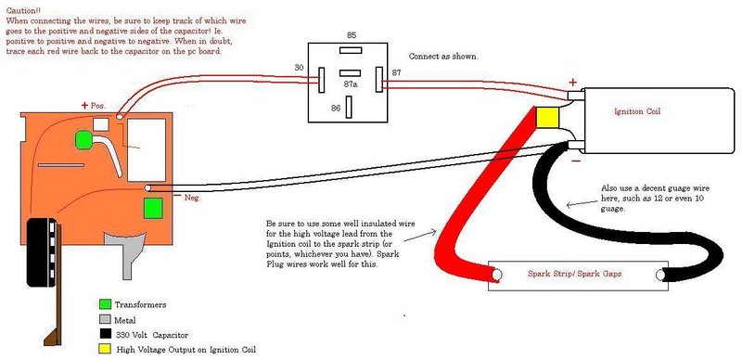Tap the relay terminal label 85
(x=352, y=34)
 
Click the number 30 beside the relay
(x=299, y=68)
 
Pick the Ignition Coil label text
(x=640, y=111)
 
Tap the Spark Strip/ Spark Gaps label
(x=574, y=276)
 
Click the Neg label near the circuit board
(x=192, y=198)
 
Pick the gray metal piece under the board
(x=124, y=246)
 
